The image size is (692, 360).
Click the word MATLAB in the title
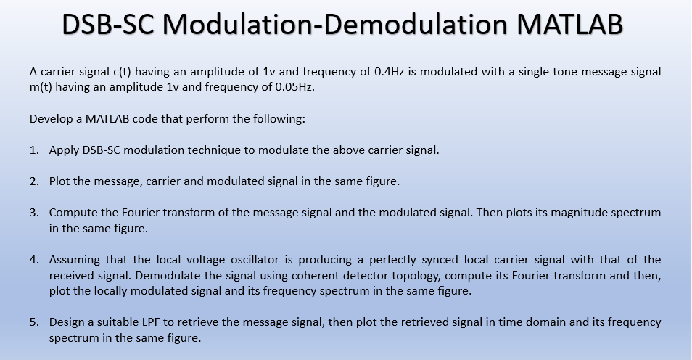[x=569, y=24]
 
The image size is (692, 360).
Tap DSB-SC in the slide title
[x=108, y=24]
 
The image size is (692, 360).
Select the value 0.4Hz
[x=390, y=72]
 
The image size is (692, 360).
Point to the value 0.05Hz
[x=294, y=87]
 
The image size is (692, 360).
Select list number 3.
[x=34, y=213]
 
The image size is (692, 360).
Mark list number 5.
[x=34, y=322]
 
